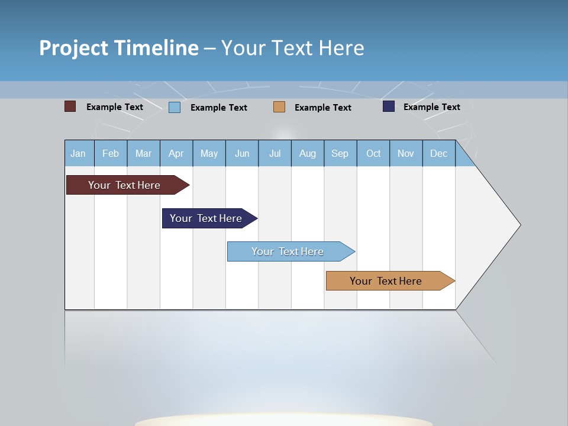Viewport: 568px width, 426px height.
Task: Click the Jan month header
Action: tap(79, 153)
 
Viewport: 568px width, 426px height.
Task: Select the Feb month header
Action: tap(111, 153)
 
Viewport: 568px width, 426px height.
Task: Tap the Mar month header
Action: tap(143, 153)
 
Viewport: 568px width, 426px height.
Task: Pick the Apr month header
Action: tap(176, 153)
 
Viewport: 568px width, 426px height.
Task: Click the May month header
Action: tap(209, 153)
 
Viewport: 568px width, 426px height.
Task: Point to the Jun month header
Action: tap(242, 153)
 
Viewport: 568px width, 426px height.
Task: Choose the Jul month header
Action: tap(275, 153)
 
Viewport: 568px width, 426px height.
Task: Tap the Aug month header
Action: tap(308, 153)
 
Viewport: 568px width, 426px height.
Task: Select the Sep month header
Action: tap(340, 153)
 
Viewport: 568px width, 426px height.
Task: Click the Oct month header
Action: tap(373, 153)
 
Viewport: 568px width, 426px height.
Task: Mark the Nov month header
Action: tap(406, 153)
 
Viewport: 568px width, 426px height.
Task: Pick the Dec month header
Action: tap(439, 153)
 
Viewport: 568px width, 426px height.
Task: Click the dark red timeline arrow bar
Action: tap(124, 185)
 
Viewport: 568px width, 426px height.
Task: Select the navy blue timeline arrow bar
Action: tap(206, 218)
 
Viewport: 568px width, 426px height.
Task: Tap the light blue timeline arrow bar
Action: tap(288, 251)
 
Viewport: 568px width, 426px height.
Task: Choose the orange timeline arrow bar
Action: tap(386, 281)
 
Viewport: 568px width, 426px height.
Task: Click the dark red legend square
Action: tap(70, 106)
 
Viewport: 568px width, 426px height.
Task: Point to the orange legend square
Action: tap(279, 106)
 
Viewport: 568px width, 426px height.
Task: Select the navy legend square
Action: tap(389, 106)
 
